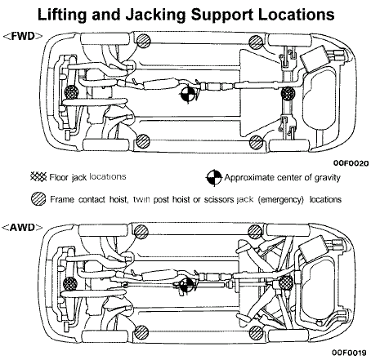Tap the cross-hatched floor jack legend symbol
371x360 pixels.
coord(36,176)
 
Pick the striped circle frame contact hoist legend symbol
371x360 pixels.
coord(36,198)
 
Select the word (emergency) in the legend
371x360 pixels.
coord(277,198)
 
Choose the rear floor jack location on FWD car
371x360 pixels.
coord(287,94)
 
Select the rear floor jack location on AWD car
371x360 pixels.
coord(287,283)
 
